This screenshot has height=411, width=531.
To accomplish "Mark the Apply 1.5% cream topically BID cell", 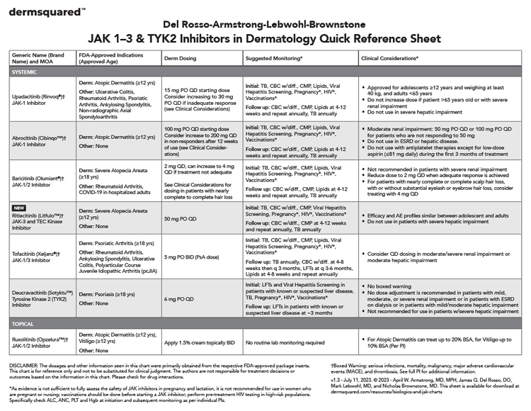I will click(x=200, y=342).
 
